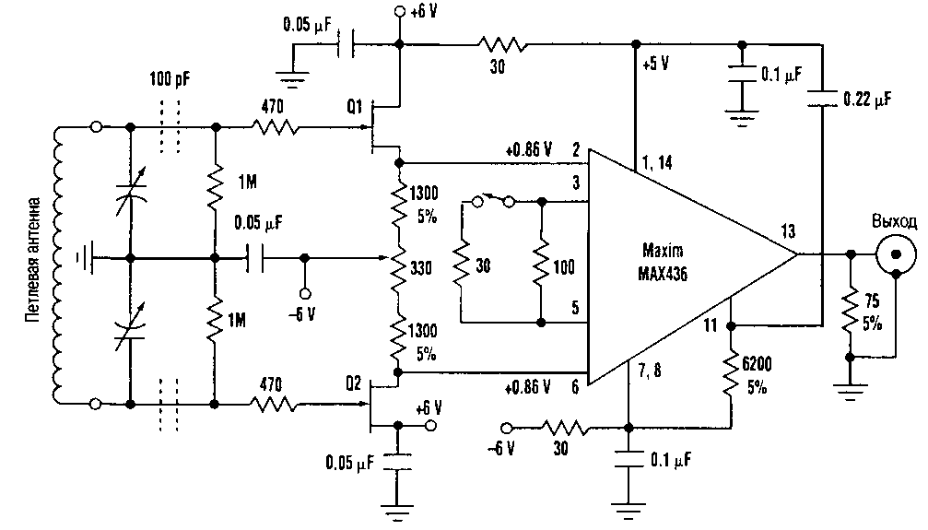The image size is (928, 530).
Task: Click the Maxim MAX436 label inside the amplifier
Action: [664, 259]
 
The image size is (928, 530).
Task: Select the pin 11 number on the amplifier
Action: [710, 324]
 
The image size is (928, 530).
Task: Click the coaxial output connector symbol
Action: [897, 253]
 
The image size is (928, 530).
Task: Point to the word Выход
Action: [895, 222]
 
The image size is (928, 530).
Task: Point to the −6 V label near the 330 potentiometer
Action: [301, 313]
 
